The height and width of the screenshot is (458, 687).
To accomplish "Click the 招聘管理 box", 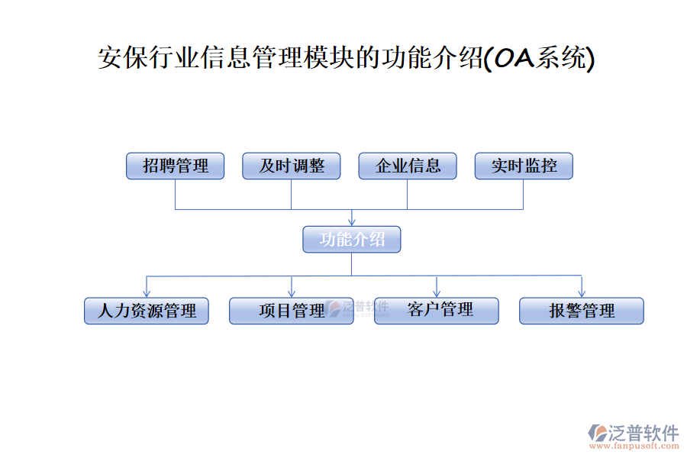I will pos(175,166).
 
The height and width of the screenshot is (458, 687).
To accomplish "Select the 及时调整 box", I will pos(291,166).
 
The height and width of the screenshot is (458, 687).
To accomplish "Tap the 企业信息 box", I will pos(408,166).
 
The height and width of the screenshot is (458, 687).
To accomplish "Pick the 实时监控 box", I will pos(524,166).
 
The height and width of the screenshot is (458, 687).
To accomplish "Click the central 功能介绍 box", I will pos(351,240).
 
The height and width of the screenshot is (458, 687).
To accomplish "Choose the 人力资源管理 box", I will pos(147,311).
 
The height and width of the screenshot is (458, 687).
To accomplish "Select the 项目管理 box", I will pos(291,311).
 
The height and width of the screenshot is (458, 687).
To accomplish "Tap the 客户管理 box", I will pos(436,310).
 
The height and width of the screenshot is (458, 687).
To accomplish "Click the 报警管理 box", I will pos(582,311).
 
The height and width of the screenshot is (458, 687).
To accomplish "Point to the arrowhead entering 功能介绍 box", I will pos(351,222).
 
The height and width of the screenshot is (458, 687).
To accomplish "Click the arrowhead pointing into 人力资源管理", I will pos(147,293).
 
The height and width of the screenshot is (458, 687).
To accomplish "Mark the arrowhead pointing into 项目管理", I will pos(292,293).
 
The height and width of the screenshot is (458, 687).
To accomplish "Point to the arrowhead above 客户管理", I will pos(437,293).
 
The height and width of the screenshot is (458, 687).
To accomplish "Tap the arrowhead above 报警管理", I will pos(582,293).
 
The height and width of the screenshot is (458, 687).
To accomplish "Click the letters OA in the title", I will pos(513,59).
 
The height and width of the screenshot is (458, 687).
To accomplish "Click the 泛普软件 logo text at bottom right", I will pos(643,433).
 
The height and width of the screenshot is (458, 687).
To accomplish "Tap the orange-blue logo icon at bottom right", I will pos(597,434).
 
